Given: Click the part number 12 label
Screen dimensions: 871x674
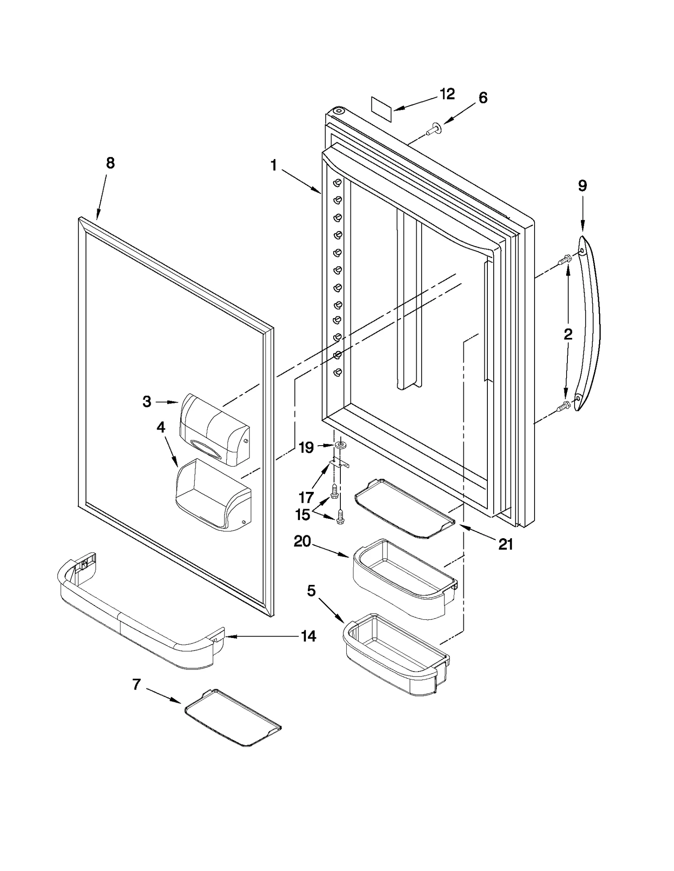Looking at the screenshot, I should pos(447,94).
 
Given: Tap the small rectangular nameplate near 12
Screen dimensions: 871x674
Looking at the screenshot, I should pos(381,110).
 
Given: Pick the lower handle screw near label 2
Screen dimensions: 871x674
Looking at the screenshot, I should pos(563,406).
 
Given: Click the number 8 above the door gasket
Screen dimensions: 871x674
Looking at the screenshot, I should pos(110,163).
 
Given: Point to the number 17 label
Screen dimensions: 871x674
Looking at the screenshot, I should pos(306,497).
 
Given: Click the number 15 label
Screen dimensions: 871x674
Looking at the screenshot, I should pos(302,515).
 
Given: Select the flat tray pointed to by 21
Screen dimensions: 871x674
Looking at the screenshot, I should pos(404,509).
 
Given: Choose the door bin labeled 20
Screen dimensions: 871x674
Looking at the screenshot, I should pos(403,579).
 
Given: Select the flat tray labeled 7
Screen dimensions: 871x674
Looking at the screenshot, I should pos(233,718).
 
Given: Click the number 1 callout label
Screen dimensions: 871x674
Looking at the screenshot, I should pos(273,165).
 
